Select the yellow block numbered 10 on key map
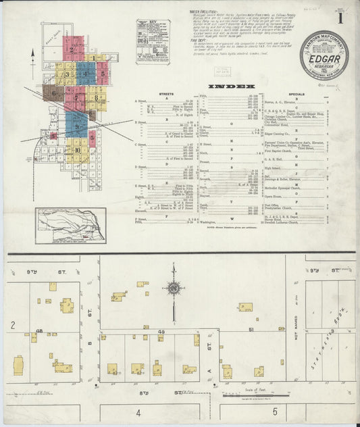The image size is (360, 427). point(78,150)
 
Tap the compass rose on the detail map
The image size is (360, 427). point(174,291)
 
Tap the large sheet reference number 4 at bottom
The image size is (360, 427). point(138,411)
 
